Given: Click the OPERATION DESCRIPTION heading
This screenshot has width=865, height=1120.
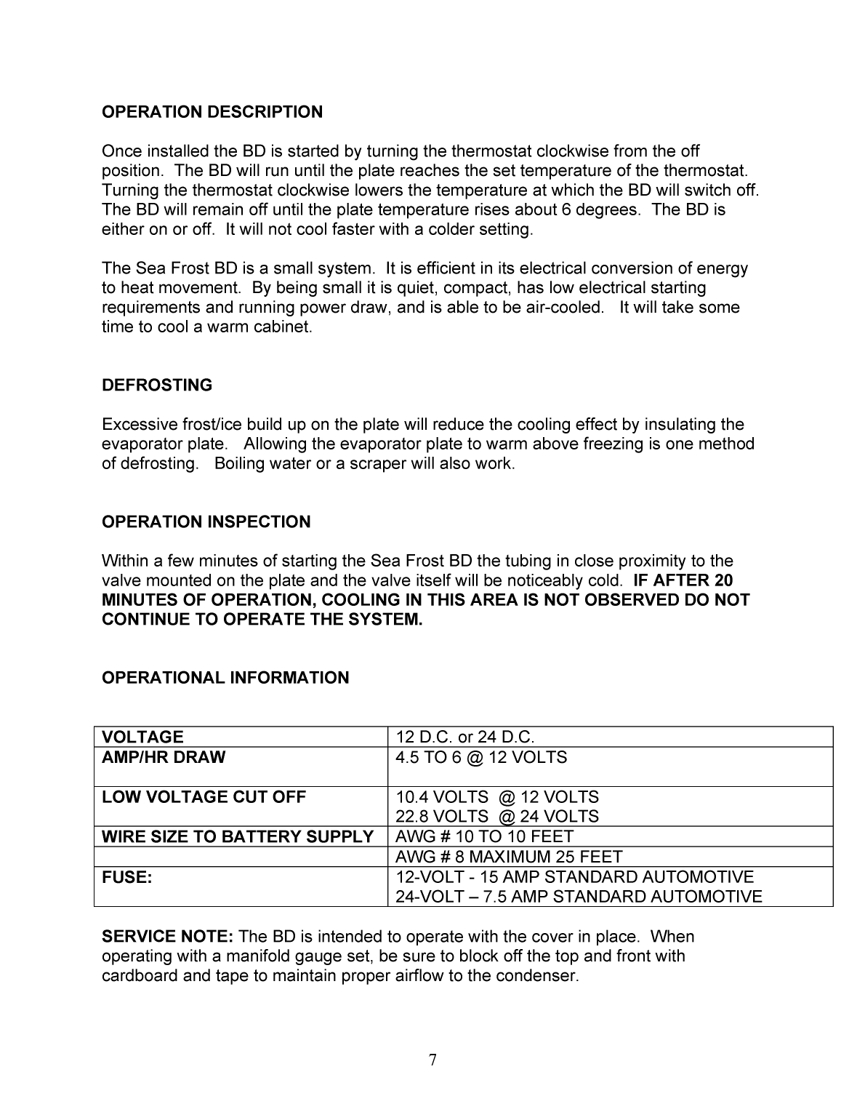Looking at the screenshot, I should (212, 112).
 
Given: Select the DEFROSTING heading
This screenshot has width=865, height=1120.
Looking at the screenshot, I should (157, 385).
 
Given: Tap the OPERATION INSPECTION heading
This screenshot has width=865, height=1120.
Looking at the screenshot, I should (206, 522).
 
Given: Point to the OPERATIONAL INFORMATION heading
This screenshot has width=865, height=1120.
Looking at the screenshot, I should (225, 678).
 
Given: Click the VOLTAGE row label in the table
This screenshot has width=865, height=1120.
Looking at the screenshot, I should (142, 737).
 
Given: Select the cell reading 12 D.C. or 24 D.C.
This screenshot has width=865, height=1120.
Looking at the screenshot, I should (465, 737).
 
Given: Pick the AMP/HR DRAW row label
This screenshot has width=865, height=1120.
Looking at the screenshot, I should (164, 757).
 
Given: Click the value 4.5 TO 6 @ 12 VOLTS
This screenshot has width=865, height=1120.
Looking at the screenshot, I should (481, 757).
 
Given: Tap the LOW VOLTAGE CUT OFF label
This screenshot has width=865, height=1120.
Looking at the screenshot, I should (204, 797).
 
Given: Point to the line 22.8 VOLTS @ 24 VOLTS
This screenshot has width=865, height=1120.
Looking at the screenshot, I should (497, 817).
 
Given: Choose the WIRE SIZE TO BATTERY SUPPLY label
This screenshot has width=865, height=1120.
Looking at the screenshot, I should (238, 837).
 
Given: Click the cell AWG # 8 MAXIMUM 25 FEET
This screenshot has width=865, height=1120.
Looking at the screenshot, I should (509, 857).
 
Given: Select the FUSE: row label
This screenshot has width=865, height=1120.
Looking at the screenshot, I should (127, 877).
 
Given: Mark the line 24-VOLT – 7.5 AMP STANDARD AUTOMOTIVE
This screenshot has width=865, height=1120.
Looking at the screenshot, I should (579, 897).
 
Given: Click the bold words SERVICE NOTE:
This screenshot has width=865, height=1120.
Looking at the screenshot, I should (167, 937).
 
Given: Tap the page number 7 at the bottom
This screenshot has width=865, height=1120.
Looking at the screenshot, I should (432, 1060).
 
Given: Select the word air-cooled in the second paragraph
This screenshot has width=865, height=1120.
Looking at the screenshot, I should (564, 308).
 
